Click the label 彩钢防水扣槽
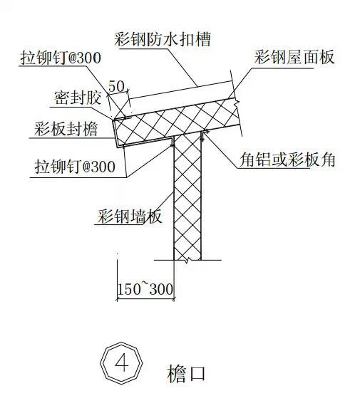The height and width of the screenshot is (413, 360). [163, 40]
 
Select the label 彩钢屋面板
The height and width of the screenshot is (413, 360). [294, 57]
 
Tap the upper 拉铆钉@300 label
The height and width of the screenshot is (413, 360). [61, 58]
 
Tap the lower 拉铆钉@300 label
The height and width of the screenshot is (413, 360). [75, 167]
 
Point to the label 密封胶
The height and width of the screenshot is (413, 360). [78, 98]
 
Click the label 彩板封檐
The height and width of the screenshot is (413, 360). [66, 129]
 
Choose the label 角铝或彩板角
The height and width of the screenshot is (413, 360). [287, 159]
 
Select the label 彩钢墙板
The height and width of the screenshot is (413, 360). [130, 216]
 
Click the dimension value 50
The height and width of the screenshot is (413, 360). [116, 86]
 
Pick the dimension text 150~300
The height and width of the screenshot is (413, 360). [145, 288]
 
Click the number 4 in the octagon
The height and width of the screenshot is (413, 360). [122, 362]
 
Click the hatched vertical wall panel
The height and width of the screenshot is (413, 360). [187, 197]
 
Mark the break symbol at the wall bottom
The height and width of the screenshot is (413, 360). [187, 260]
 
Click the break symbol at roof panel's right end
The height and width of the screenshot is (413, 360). [237, 103]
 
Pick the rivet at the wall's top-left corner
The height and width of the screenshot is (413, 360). [173, 144]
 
